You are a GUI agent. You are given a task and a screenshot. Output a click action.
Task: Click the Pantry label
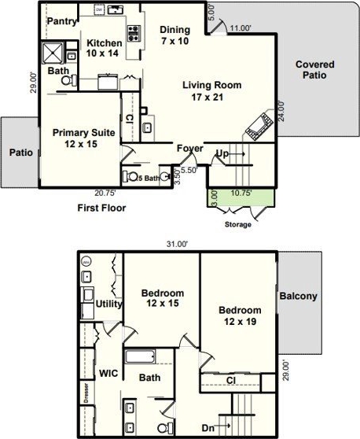pyautogui.click(x=61, y=21)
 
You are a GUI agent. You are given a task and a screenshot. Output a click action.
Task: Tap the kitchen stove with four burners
pyautogui.click(x=134, y=33)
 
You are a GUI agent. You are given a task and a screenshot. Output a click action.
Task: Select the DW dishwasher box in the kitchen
pyautogui.click(x=99, y=10)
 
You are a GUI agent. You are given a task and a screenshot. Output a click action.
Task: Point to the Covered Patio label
pyautogui.click(x=315, y=70)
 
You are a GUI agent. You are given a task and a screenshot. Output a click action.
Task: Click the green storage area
pyautogui.click(x=241, y=198)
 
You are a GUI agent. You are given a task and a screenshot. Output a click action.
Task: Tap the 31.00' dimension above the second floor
pyautogui.click(x=177, y=244)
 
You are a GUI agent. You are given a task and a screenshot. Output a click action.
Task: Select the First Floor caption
pyautogui.click(x=101, y=208)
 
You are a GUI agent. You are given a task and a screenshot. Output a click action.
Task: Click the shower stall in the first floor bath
pyautogui.click(x=53, y=53)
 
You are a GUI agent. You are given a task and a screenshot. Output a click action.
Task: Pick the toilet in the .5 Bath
pyautogui.click(x=130, y=176)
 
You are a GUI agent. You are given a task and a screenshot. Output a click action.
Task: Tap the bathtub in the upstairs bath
pyautogui.click(x=140, y=356)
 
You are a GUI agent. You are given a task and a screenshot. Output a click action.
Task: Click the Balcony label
pyautogui.click(x=298, y=296)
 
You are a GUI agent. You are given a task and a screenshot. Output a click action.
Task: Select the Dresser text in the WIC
pyautogui.click(x=86, y=393)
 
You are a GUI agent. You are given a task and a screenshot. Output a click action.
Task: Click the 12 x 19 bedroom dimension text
pyautogui.click(x=240, y=322)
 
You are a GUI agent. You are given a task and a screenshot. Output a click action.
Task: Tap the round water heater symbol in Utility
pyautogui.click(x=86, y=262)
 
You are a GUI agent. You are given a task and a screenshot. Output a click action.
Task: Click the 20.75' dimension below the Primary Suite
pyautogui.click(x=105, y=193)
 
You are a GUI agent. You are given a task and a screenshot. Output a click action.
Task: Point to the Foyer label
pyautogui.click(x=190, y=149)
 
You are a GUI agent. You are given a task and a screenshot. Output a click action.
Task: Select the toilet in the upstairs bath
pyautogui.click(x=165, y=428)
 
